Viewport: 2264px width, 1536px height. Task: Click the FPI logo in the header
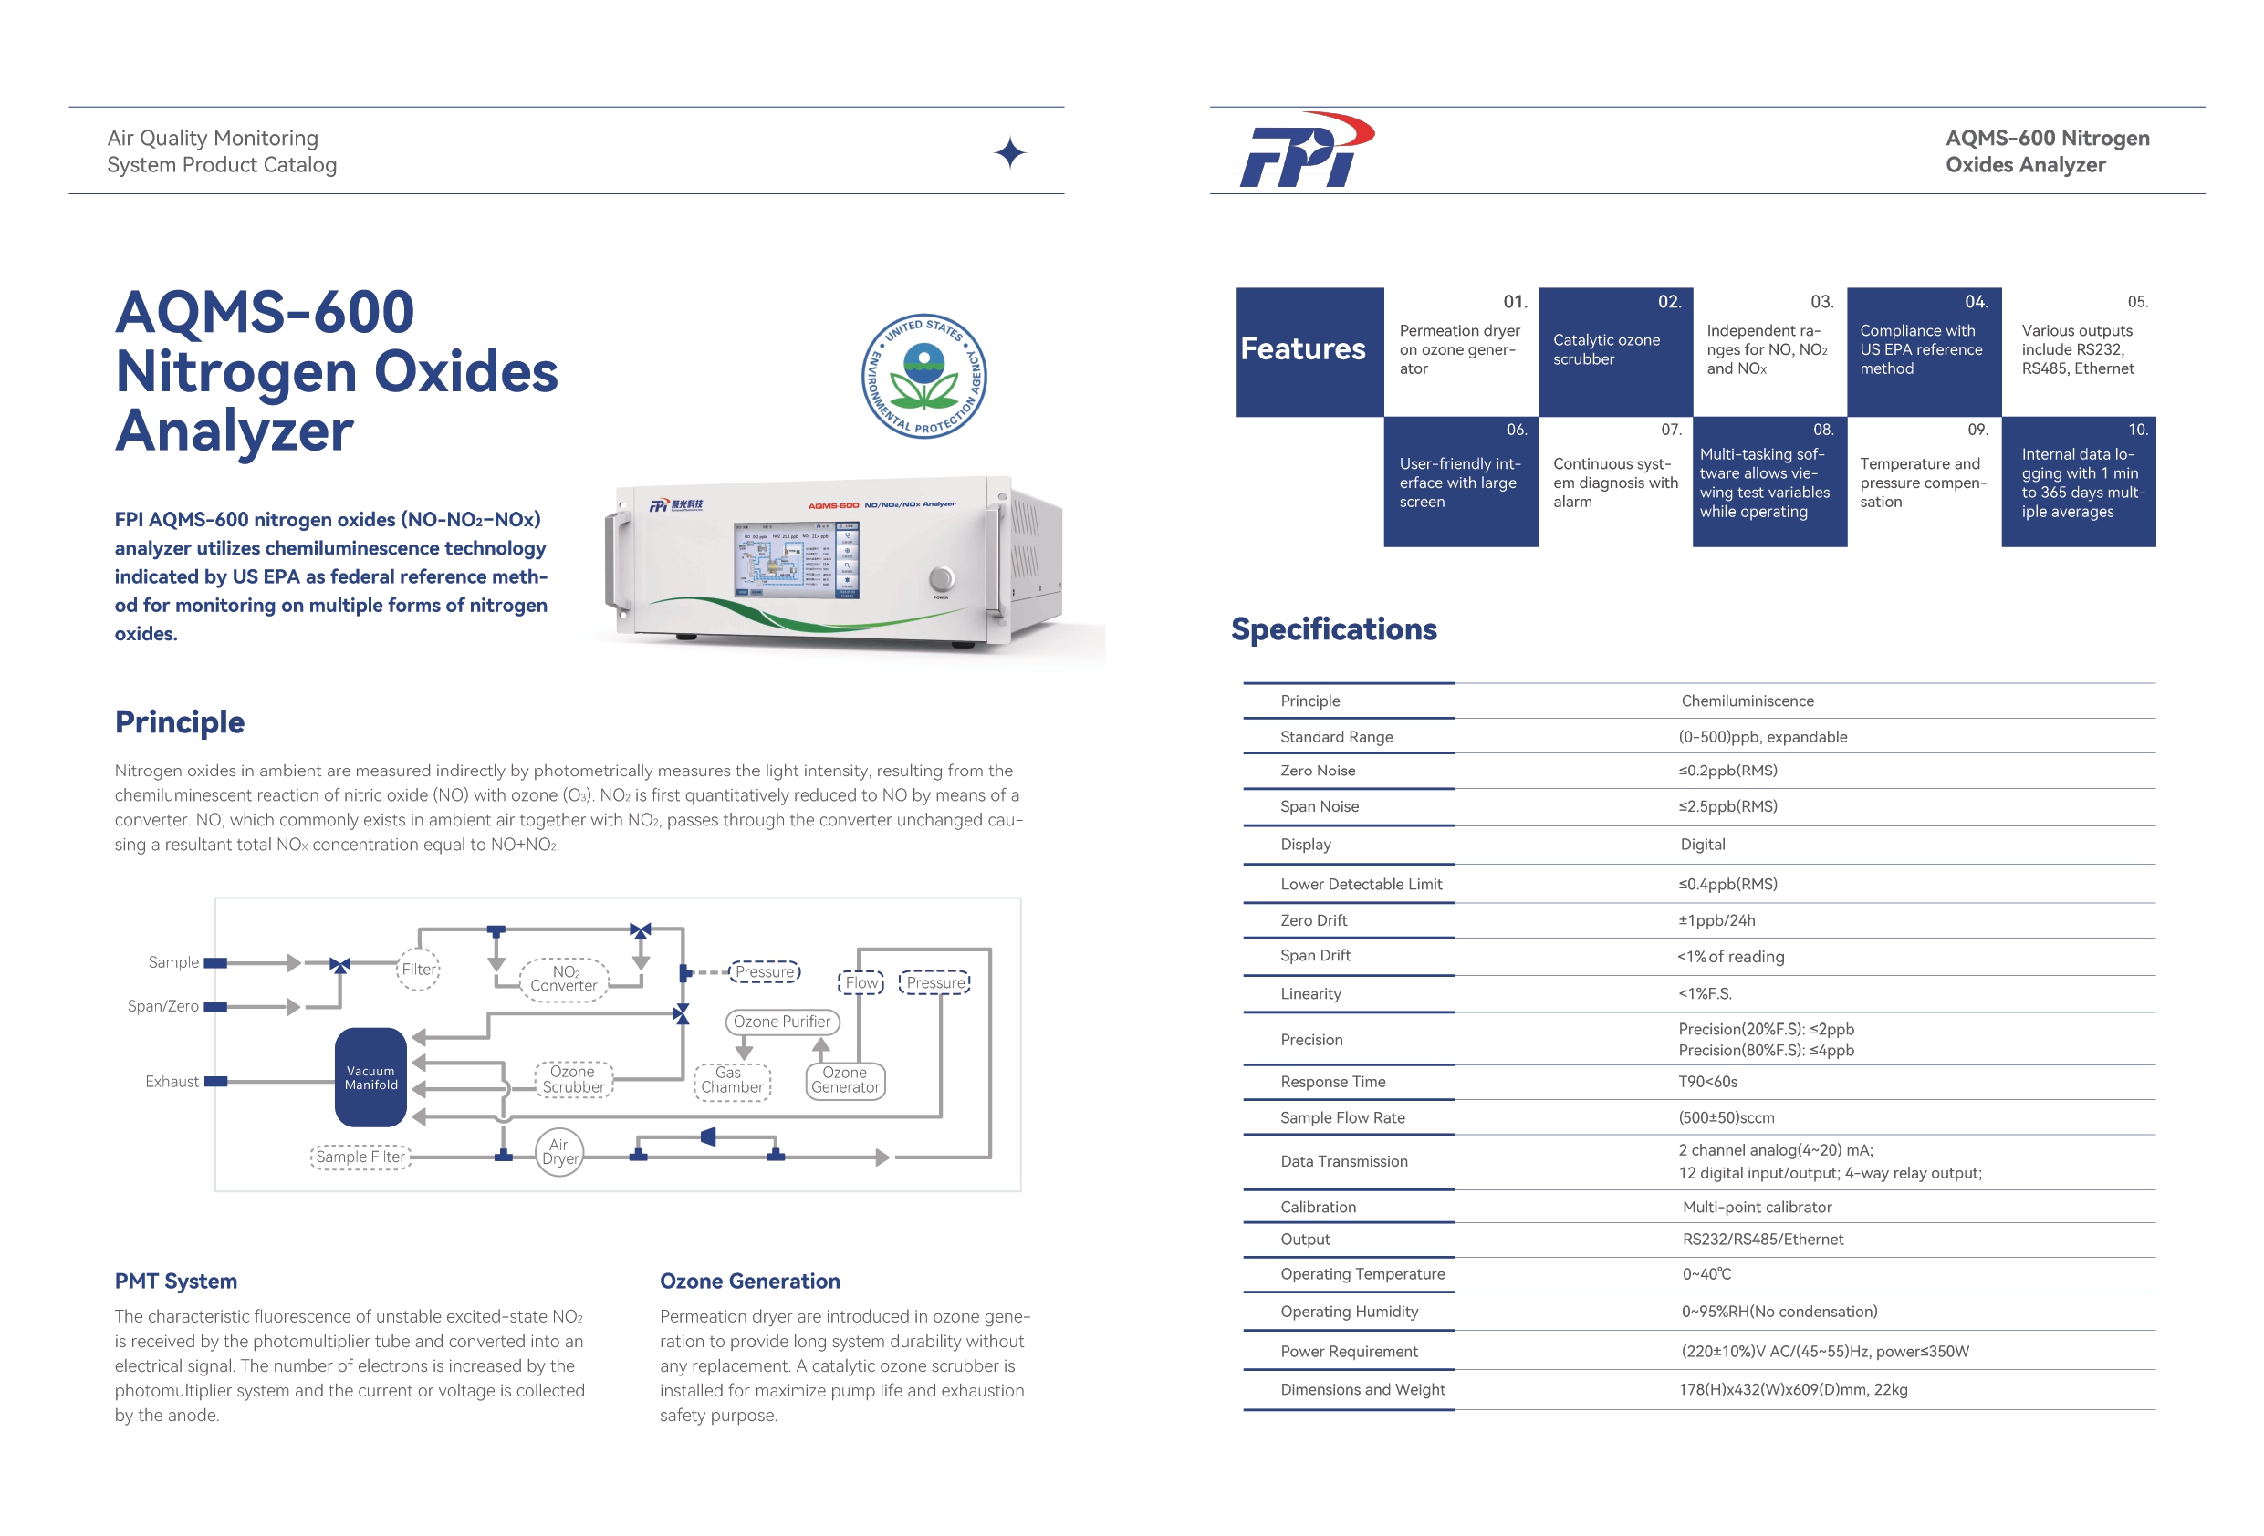1306,151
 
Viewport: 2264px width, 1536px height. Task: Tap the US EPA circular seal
923,376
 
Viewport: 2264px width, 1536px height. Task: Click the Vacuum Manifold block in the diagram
370,1077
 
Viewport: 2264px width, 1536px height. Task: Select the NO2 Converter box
564,978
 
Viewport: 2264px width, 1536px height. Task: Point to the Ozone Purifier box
781,1022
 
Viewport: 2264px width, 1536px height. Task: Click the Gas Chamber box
732,1080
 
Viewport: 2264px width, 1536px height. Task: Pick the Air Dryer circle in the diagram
559,1152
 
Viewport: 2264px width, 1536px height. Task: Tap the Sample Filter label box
360,1157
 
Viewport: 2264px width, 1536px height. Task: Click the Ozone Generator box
845,1080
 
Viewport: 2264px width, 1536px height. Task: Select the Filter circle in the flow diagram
419,970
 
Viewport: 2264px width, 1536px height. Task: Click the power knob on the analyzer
941,578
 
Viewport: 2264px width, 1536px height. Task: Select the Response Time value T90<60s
1706,1082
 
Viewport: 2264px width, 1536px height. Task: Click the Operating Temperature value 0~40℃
1706,1274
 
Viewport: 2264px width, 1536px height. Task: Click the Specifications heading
1333,630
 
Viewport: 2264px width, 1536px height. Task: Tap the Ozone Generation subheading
749,1282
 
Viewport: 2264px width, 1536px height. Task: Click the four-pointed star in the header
1009,153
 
